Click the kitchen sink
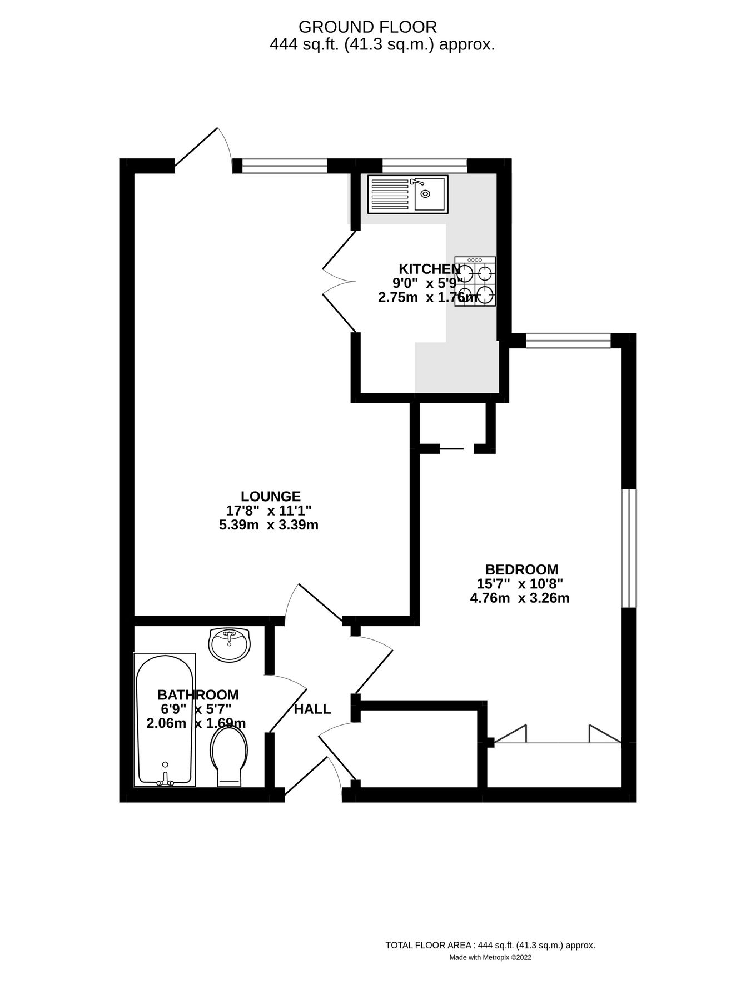pyautogui.click(x=407, y=194)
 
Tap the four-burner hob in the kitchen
pyautogui.click(x=475, y=281)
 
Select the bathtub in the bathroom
pyautogui.click(x=165, y=720)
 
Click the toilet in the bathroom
pyautogui.click(x=228, y=756)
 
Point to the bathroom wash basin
pyautogui.click(x=229, y=644)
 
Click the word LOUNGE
pyautogui.click(x=270, y=496)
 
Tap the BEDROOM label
pyautogui.click(x=521, y=569)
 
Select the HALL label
pyautogui.click(x=312, y=709)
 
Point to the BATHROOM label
pyautogui.click(x=198, y=694)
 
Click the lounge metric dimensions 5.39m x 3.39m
pyautogui.click(x=268, y=525)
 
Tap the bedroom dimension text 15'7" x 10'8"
pyautogui.click(x=520, y=584)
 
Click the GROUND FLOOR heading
pyautogui.click(x=367, y=27)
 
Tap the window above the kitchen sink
pyautogui.click(x=425, y=166)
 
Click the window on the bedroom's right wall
pyautogui.click(x=629, y=548)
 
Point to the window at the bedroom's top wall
pyautogui.click(x=568, y=340)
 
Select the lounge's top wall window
pyautogui.click(x=285, y=166)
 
